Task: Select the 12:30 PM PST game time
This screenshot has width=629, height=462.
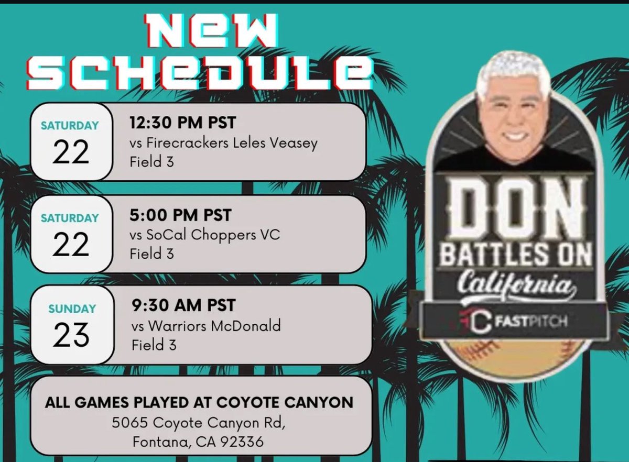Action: click(x=183, y=124)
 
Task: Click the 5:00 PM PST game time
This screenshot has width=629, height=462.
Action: click(x=180, y=215)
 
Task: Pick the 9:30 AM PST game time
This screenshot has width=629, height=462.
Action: click(x=183, y=305)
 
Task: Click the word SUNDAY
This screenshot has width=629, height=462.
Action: click(x=72, y=309)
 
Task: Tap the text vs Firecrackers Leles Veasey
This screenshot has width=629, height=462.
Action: click(x=224, y=143)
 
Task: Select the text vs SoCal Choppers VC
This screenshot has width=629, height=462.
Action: click(x=205, y=235)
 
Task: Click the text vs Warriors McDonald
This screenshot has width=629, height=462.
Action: click(x=206, y=326)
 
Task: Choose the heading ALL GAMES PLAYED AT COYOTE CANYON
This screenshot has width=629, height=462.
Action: click(x=199, y=402)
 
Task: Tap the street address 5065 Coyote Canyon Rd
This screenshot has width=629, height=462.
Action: click(x=199, y=422)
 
